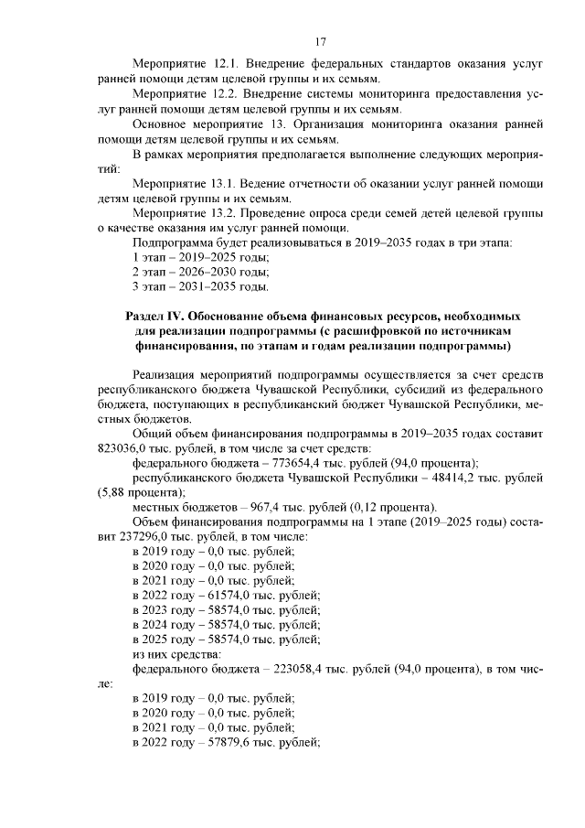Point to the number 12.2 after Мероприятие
[225, 95]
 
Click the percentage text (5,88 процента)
[140, 492]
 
